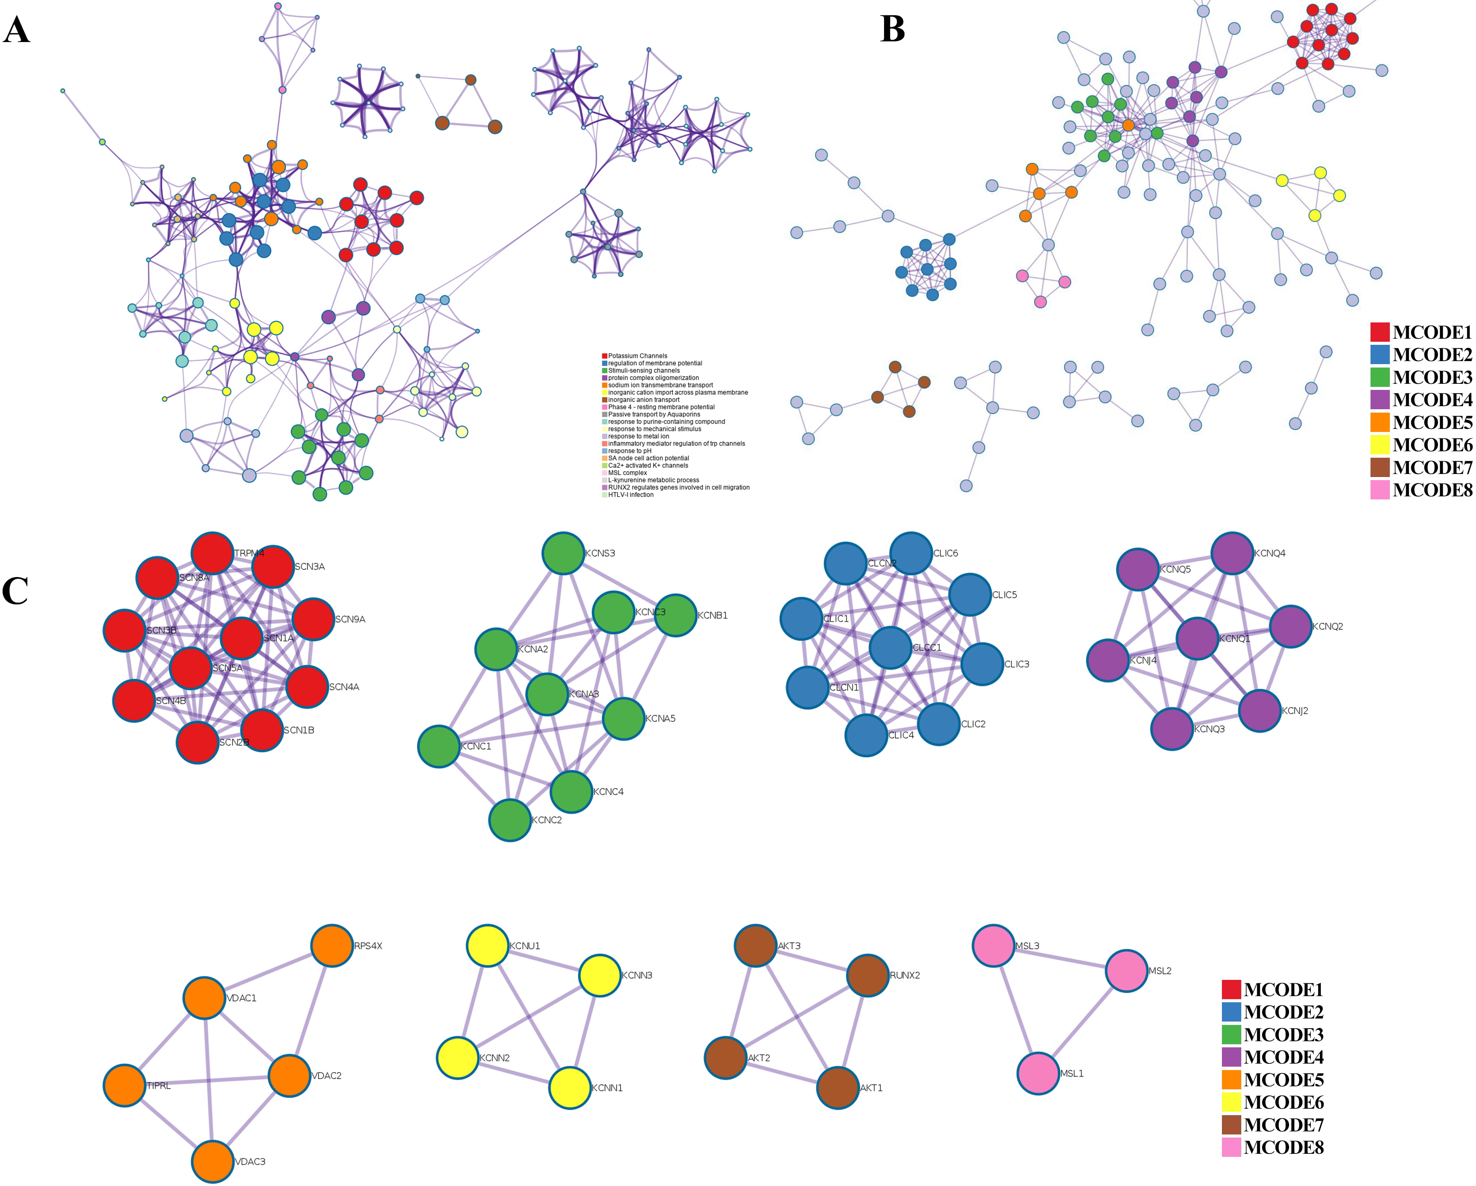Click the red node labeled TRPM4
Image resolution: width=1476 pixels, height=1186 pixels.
click(x=212, y=553)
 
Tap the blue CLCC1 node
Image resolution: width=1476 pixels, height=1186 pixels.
click(x=890, y=647)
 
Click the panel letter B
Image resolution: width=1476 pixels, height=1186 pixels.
click(x=892, y=29)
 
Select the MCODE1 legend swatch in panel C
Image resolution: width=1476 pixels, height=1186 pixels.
click(x=1231, y=990)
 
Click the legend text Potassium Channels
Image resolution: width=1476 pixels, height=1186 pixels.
click(x=637, y=356)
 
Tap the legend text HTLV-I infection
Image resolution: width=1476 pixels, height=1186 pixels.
click(x=631, y=495)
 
